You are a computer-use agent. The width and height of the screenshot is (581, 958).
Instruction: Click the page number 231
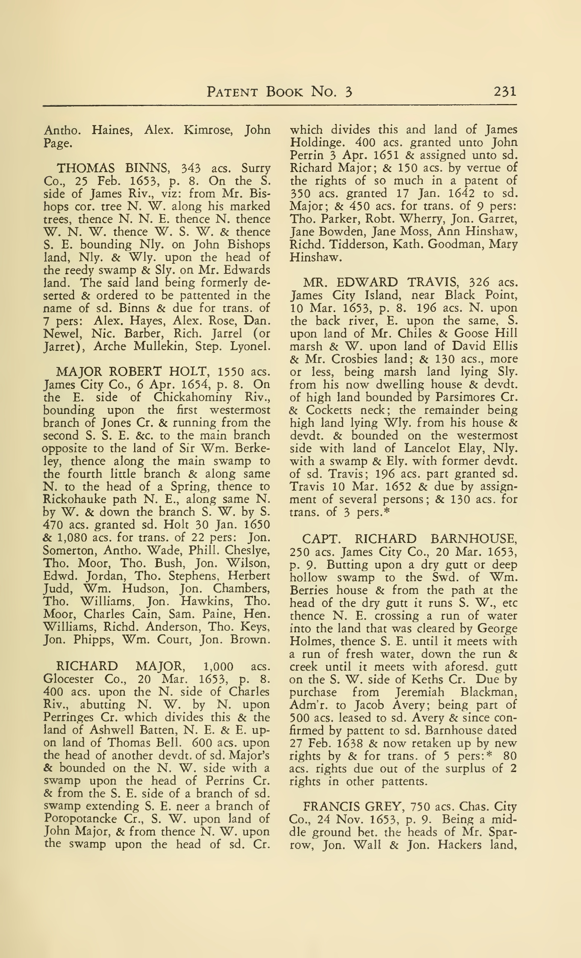click(x=505, y=92)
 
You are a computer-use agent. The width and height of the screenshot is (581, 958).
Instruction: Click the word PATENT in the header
click(x=232, y=92)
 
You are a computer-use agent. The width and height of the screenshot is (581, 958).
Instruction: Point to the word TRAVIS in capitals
click(x=431, y=282)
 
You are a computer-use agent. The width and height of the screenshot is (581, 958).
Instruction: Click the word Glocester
click(x=68, y=679)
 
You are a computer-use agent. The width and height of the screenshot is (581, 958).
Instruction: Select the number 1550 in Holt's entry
click(x=231, y=372)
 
